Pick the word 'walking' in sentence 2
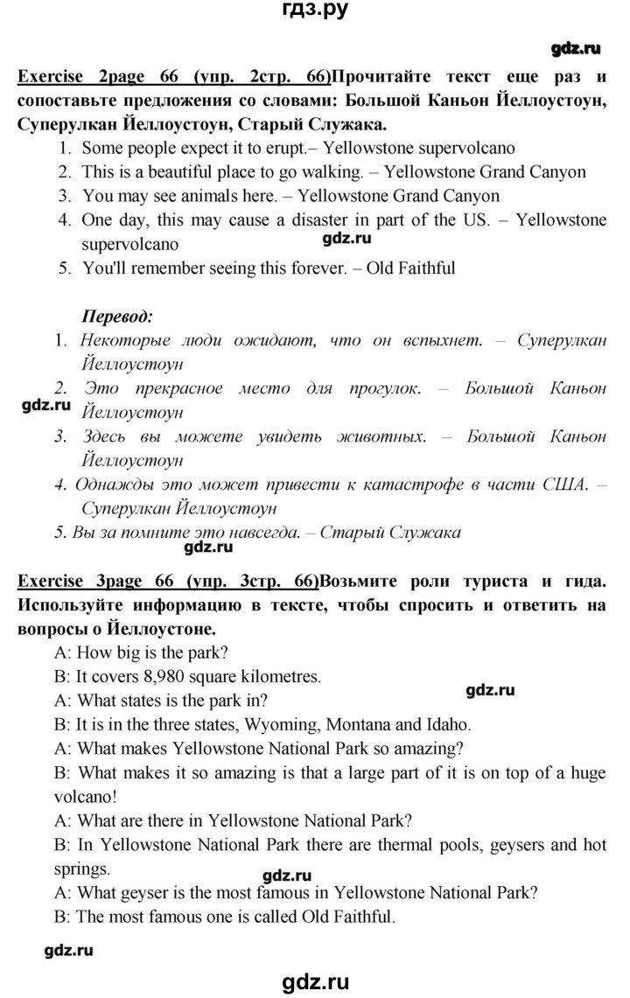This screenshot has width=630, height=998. [335, 172]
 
